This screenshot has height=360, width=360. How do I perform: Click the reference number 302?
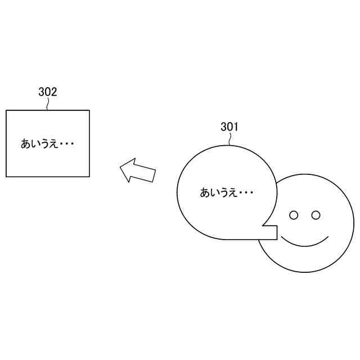coord(48,92)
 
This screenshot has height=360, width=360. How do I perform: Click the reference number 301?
coord(229,127)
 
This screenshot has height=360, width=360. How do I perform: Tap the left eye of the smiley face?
coord(293,215)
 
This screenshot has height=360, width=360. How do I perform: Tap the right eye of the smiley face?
coord(316,215)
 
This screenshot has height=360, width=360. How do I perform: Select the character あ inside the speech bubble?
coord(205,193)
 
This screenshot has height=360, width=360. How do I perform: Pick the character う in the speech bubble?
coord(224,193)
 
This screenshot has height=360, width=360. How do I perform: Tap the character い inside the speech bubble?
coord(214,193)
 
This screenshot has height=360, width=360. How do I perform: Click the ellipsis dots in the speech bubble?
coord(246,193)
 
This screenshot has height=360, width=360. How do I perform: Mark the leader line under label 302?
coord(48,104)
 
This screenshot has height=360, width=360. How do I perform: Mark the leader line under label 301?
coord(229,139)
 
